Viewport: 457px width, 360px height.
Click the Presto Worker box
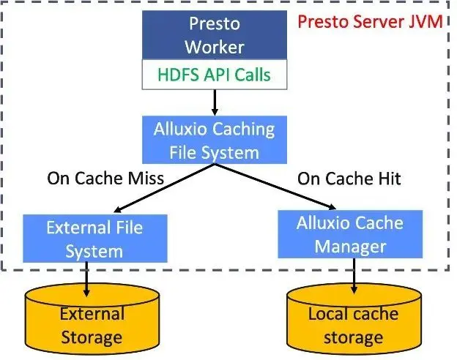[x=214, y=34]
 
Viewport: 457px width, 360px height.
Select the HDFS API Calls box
[x=214, y=75]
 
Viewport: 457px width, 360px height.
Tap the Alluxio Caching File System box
[x=214, y=140]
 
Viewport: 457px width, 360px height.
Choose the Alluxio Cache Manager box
[x=350, y=234]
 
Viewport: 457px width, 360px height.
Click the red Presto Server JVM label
[x=369, y=21]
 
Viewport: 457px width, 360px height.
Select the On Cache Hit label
[x=350, y=178]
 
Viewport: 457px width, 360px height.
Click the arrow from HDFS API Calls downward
[x=214, y=101]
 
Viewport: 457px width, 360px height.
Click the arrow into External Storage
[x=88, y=277]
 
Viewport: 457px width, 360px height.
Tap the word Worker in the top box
[x=214, y=47]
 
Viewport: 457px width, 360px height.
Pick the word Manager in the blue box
[x=350, y=246]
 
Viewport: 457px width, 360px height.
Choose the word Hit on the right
[x=387, y=178]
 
